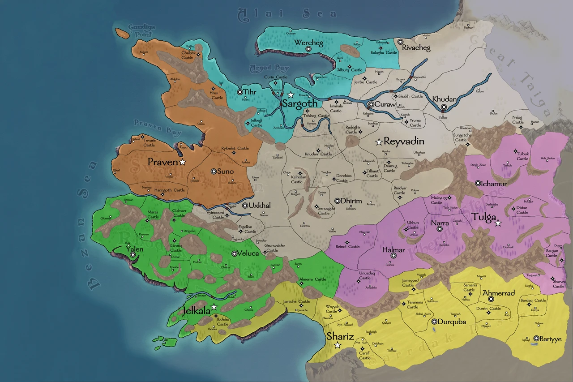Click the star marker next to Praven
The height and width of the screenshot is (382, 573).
182,162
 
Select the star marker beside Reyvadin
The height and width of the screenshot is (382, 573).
379,142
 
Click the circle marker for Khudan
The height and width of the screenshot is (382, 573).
443,107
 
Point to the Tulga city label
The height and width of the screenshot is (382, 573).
483,218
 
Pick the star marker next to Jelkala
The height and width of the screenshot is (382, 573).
214,307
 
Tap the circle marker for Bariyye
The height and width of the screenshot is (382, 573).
536,339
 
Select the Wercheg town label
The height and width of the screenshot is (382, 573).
308,43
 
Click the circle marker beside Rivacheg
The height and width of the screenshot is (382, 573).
400,42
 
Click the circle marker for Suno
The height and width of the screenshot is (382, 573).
214,171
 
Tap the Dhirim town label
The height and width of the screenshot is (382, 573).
351,201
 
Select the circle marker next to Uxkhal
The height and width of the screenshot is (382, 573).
245,206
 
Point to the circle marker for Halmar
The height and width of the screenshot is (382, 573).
393,256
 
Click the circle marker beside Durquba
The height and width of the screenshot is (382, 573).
434,322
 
